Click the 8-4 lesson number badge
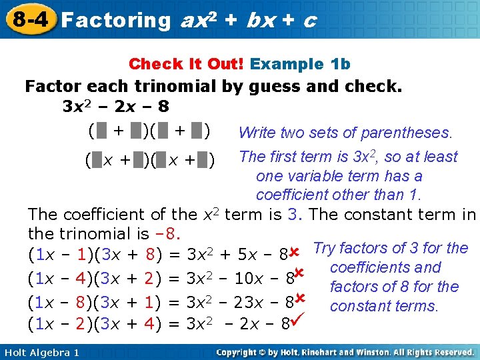[x=28, y=18]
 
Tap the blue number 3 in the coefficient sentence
[x=292, y=215]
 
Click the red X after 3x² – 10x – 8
[x=299, y=273]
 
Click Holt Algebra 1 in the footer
[x=41, y=352]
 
